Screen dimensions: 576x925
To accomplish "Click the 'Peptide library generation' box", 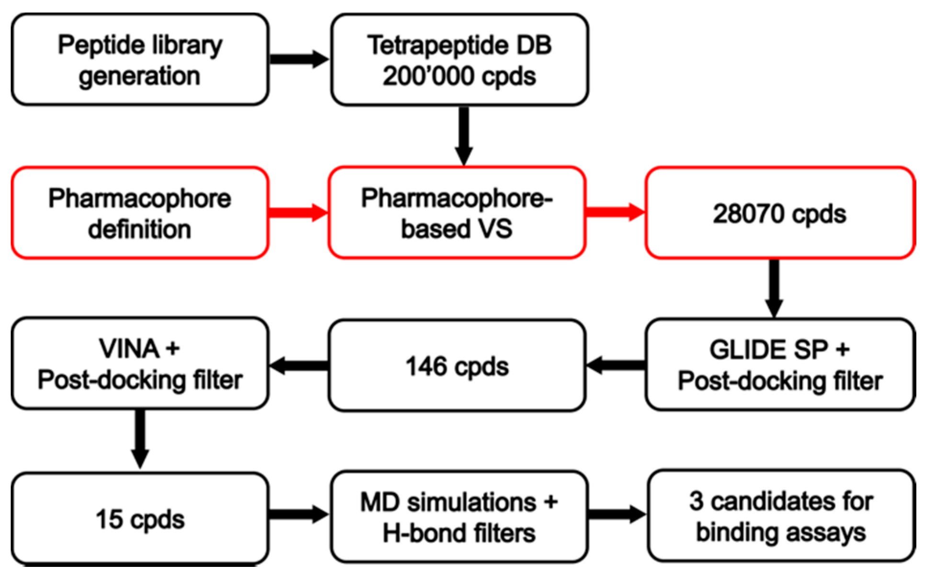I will [140, 59].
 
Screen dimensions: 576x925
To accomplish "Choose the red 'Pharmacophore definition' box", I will [140, 213].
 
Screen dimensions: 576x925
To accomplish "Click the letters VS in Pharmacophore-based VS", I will [495, 229].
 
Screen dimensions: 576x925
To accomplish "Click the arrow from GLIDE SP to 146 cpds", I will [616, 366].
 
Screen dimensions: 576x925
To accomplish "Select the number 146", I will [426, 367].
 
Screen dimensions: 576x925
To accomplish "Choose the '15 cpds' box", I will [140, 519].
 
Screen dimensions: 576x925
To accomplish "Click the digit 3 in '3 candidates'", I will [696, 501].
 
